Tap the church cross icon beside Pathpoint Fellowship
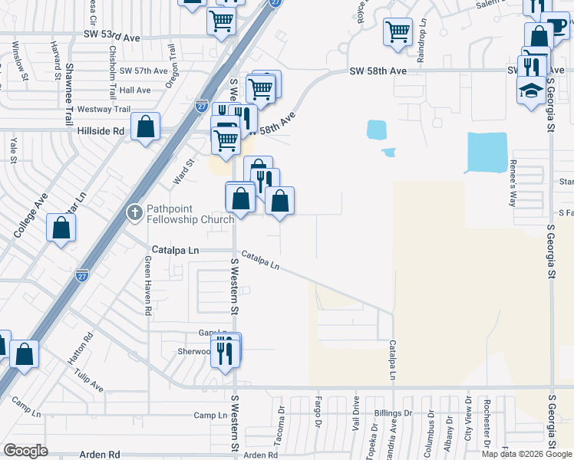coord(135,212)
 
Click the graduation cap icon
coord(531,91)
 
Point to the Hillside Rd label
coord(101,131)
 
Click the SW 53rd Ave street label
coord(112,37)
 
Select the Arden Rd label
coord(99,455)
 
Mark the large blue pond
coord(487,152)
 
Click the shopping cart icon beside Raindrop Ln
coord(398,33)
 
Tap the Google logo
coord(25,450)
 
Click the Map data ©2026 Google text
coord(527,454)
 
